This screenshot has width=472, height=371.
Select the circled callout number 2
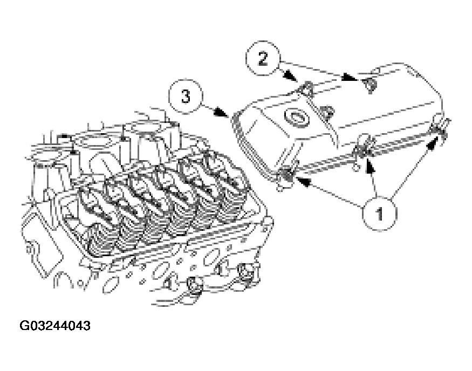[263, 58]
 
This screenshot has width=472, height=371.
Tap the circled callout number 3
[185, 97]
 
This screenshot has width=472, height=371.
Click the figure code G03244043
[55, 326]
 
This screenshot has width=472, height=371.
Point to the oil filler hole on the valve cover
[296, 117]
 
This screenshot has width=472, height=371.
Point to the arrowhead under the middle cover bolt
[370, 167]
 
